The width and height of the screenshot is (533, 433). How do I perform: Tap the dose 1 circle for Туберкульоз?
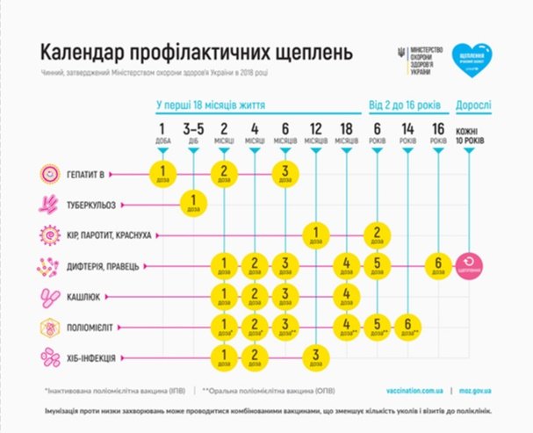click(192, 204)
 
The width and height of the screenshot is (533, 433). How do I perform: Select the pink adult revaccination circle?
click(470, 264)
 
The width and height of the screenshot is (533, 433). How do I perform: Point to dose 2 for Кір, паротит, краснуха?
click(376, 235)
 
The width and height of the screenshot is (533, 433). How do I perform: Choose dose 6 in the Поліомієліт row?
click(407, 327)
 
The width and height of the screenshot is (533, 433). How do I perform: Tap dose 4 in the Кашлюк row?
click(347, 295)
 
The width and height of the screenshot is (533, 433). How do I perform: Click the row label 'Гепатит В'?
click(89, 173)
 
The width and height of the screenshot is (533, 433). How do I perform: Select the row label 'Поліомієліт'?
click(94, 328)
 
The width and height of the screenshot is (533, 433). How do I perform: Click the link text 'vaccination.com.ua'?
click(414, 389)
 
